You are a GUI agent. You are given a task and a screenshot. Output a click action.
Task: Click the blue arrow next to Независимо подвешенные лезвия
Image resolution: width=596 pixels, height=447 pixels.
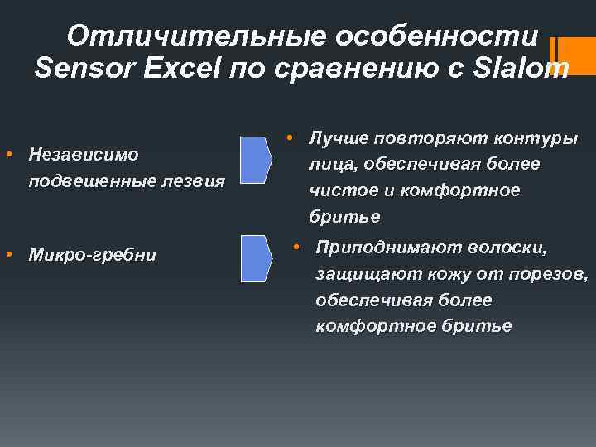(x=256, y=161)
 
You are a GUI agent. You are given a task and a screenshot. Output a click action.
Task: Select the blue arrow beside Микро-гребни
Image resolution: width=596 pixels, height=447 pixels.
(x=256, y=259)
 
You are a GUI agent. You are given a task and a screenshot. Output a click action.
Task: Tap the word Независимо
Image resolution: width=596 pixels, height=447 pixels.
(x=83, y=154)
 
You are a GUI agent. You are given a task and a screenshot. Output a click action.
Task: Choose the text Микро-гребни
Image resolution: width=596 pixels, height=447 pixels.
(x=92, y=254)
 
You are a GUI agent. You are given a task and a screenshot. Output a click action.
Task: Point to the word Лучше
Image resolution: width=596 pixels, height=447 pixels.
(x=338, y=138)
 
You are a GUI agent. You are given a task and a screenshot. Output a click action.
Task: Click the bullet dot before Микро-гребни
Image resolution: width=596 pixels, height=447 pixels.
(x=8, y=254)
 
